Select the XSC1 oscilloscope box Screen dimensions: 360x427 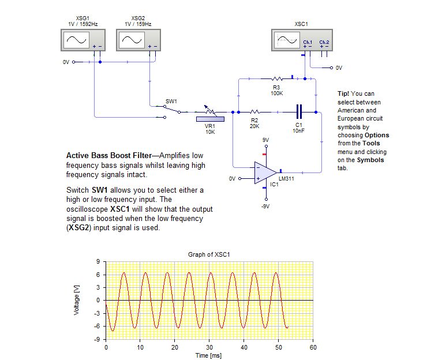(x=302, y=40)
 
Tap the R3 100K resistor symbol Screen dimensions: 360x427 (x=276, y=78)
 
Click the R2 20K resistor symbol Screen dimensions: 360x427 (x=254, y=112)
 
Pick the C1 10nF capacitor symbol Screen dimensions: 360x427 (x=299, y=112)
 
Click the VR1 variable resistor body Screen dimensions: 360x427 (x=210, y=119)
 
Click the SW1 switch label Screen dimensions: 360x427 (x=171, y=101)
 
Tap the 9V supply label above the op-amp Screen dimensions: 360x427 (x=265, y=140)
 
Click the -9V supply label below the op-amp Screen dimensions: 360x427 (x=265, y=206)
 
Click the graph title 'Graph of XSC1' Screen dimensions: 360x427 (x=209, y=254)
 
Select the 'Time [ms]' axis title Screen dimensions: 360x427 (x=209, y=355)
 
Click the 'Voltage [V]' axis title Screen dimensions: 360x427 (x=77, y=300)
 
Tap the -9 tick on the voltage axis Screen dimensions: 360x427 (x=99, y=339)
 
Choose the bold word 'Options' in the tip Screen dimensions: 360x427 (x=376, y=135)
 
